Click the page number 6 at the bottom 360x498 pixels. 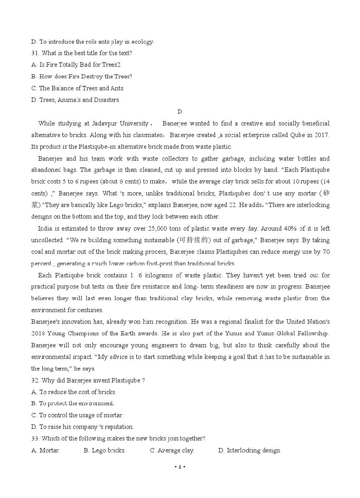180,466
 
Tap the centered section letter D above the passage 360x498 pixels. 180,112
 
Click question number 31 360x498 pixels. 35,53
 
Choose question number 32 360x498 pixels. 35,380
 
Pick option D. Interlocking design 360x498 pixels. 250,450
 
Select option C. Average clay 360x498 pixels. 172,450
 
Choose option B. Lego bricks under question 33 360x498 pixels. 104,450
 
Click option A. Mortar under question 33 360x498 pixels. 46,450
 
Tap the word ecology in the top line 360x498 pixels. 142,42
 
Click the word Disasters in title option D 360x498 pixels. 106,100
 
